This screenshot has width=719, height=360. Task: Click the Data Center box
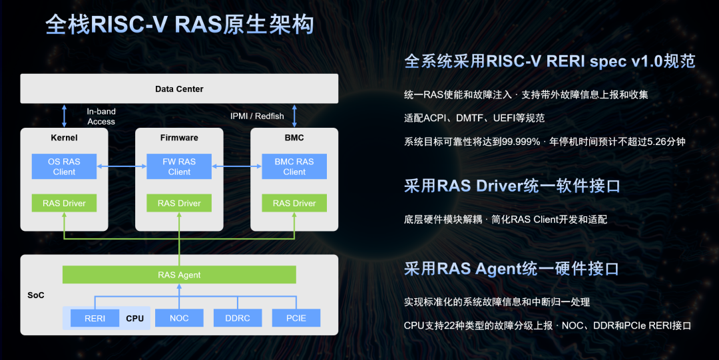(x=179, y=89)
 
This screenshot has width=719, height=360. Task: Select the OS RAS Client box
(x=64, y=166)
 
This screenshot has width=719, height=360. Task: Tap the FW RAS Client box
(x=179, y=166)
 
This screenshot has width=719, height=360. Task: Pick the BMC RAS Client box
(x=294, y=166)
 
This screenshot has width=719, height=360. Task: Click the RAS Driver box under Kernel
(x=64, y=203)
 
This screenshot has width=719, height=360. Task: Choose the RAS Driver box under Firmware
(x=179, y=203)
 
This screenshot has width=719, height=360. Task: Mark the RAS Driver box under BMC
(x=294, y=203)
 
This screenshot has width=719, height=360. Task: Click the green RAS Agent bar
(x=179, y=274)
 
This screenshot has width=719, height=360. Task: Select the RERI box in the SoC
(x=95, y=318)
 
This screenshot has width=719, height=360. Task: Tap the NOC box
(x=179, y=318)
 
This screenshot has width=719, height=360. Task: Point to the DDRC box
(x=238, y=318)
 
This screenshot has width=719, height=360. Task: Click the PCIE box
(x=296, y=318)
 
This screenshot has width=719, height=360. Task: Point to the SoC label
(x=36, y=295)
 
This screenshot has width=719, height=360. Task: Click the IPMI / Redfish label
(x=257, y=116)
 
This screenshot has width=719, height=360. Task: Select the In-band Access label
(x=101, y=116)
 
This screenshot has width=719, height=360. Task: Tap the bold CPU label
(x=135, y=318)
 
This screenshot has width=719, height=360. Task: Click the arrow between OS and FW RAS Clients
(x=121, y=166)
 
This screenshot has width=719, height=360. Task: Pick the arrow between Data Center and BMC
(x=294, y=115)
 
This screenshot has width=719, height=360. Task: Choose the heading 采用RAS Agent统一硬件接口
(x=511, y=268)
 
